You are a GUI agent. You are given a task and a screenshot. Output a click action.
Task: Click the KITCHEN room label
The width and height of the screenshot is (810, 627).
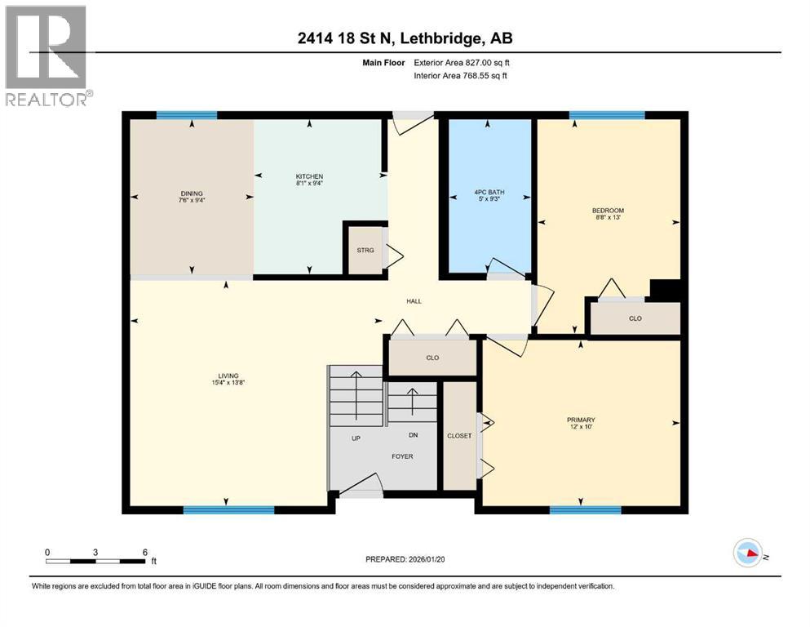pyautogui.click(x=309, y=176)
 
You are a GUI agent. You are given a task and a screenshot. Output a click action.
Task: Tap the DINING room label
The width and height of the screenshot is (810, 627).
pyautogui.click(x=192, y=193)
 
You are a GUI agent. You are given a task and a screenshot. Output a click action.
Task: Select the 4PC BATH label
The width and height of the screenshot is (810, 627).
pyautogui.click(x=488, y=193)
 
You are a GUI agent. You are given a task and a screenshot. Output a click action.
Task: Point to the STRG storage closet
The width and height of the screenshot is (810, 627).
pyautogui.click(x=365, y=250)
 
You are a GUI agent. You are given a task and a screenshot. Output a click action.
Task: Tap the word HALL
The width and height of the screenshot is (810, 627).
pyautogui.click(x=414, y=301)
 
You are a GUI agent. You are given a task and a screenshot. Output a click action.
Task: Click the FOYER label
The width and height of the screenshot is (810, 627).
pyautogui.click(x=401, y=456)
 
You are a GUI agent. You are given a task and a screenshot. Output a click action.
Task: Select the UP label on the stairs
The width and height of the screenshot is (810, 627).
pyautogui.click(x=356, y=438)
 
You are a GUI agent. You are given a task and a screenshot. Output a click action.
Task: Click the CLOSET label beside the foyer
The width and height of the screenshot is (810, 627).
pyautogui.click(x=459, y=436)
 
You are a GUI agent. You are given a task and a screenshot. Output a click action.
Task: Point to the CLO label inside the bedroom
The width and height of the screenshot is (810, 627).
pyautogui.click(x=635, y=318)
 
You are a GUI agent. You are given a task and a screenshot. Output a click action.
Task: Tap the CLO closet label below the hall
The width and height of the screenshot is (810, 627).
pyautogui.click(x=432, y=357)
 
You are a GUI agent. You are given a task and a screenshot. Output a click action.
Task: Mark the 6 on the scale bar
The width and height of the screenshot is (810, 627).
pyautogui.click(x=144, y=552)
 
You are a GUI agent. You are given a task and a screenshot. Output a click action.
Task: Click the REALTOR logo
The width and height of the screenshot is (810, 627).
pyautogui.click(x=47, y=56)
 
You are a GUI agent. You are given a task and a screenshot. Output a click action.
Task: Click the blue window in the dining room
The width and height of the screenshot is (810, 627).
pyautogui.click(x=187, y=115)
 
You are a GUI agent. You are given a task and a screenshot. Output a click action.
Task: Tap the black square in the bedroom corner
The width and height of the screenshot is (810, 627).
pyautogui.click(x=665, y=291)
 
